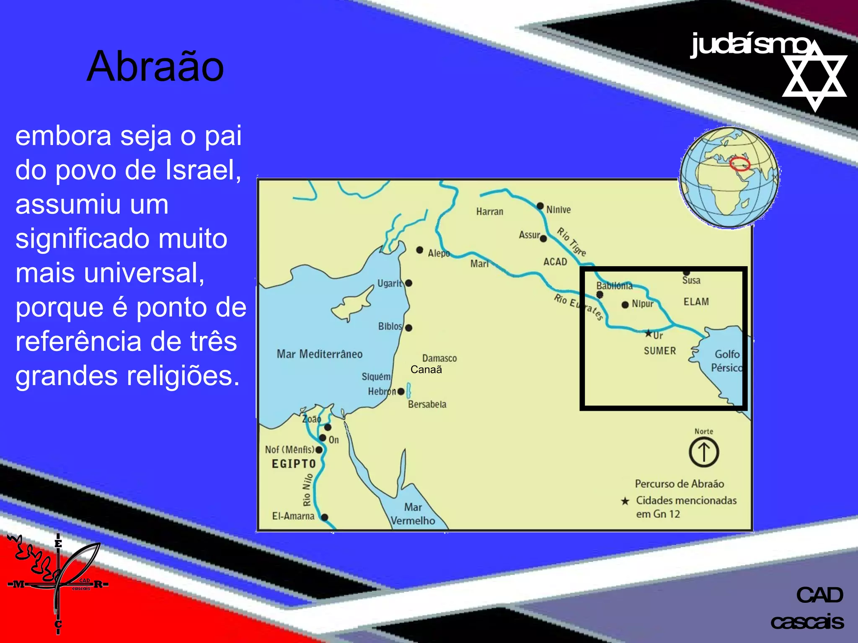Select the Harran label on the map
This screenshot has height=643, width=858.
489,212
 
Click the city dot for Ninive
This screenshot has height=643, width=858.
540,206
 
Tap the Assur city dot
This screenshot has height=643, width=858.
543,239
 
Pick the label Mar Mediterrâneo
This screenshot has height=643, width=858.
319,354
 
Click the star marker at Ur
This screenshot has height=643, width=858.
648,334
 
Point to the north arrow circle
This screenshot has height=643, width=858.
704,452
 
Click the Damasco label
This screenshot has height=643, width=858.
439,358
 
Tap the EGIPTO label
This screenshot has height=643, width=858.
294,464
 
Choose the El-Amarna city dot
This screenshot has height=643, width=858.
324,517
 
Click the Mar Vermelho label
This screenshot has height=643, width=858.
413,514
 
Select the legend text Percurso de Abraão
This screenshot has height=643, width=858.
679,484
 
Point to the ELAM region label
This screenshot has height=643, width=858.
696,302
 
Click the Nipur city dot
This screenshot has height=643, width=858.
625,305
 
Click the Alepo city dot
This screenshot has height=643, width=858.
419,250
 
